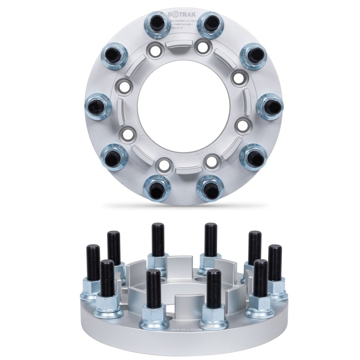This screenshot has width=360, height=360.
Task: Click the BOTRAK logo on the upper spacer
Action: click(x=182, y=15)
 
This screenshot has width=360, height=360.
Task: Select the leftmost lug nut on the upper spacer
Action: click(x=97, y=104)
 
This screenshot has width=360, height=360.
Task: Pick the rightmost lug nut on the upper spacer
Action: click(x=270, y=107)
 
